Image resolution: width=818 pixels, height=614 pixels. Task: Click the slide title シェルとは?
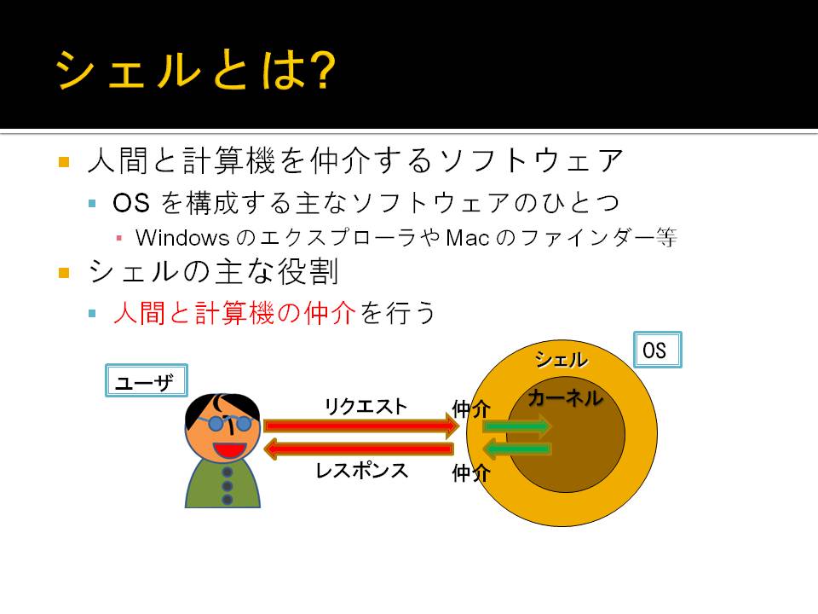tap(195, 69)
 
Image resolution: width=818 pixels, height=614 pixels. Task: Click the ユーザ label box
tap(147, 380)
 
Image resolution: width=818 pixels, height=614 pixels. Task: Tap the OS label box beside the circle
tap(658, 350)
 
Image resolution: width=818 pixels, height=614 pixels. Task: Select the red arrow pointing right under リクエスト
tap(361, 426)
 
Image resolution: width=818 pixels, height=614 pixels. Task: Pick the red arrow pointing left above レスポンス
tap(359, 449)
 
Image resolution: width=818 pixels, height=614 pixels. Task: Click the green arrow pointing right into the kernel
tap(516, 426)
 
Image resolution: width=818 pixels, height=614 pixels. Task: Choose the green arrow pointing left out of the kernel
tap(516, 449)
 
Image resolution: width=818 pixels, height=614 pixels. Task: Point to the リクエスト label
tap(366, 406)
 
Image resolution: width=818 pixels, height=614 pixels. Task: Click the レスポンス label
tap(361, 471)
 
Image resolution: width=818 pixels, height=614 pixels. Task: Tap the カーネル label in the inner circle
tap(566, 398)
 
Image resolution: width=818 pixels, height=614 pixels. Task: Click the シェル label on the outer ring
tap(562, 360)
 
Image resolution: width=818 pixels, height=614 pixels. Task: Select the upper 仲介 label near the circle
tap(471, 408)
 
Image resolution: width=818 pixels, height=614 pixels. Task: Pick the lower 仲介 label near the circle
tap(471, 473)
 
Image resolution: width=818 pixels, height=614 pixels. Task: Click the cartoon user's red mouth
tap(229, 449)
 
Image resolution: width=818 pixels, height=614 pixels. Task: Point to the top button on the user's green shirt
tap(228, 472)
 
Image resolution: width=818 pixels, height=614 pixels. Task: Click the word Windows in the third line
tap(182, 238)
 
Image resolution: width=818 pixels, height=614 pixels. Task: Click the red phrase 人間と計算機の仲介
tap(235, 313)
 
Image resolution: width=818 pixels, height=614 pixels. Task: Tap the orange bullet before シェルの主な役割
tap(64, 273)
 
